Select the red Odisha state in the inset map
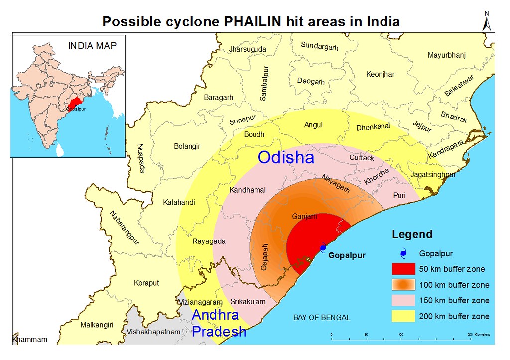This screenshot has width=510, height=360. coord(75,103)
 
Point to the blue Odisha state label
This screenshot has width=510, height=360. coord(286,158)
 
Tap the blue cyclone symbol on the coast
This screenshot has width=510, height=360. coord(323,247)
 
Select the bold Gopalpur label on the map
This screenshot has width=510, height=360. coord(347,255)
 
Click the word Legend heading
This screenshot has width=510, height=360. coord(412,234)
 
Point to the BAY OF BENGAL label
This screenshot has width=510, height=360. coord(321,317)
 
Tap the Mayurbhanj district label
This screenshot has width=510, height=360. coord(447,55)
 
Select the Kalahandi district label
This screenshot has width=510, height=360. coord(179,202)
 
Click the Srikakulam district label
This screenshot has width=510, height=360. coord(248,302)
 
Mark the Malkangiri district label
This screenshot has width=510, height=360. coord(97,325)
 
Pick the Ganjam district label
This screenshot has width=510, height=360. coord(304,216)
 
